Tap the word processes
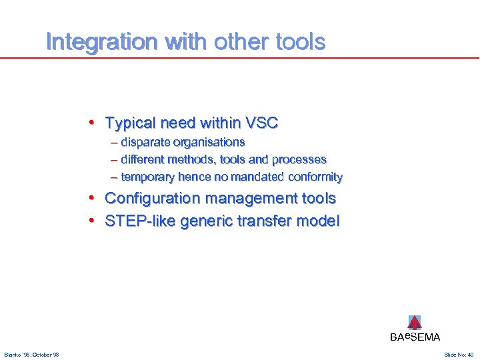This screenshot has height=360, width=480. click(299, 160)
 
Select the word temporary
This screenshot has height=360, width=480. click(148, 177)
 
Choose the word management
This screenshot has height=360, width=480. click(241, 199)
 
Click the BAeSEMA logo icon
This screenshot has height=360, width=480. click(415, 323)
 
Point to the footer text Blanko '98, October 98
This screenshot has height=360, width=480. click(31, 355)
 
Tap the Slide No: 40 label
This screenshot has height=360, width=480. click(458, 355)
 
